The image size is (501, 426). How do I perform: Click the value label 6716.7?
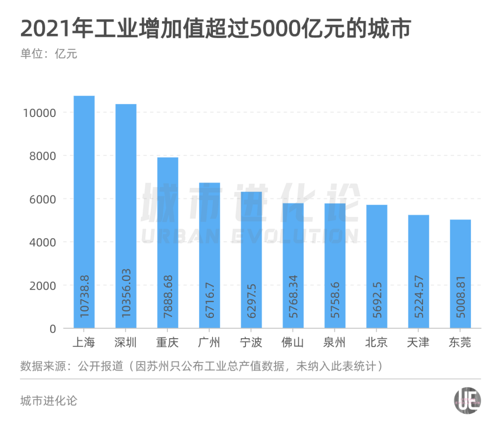tap(210, 297)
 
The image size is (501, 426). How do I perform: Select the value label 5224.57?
tap(418, 297)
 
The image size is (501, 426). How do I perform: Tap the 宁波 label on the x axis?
tap(251, 343)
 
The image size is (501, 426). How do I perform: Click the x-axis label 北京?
tap(376, 343)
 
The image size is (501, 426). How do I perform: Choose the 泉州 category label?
tap(334, 343)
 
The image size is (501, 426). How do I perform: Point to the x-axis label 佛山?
tap(293, 343)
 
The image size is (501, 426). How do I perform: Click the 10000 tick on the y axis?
tap(39, 113)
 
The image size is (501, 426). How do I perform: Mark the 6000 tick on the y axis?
tap(43, 199)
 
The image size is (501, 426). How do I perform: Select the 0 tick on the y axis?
tap(52, 329)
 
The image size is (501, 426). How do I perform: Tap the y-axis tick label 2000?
tap(43, 285)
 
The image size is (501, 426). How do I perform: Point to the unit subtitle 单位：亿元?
tap(49, 54)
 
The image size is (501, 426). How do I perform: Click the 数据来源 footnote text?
tap(202, 366)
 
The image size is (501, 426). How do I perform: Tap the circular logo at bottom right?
tap(467, 400)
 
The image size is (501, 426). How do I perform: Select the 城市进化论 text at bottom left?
tap(49, 400)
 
